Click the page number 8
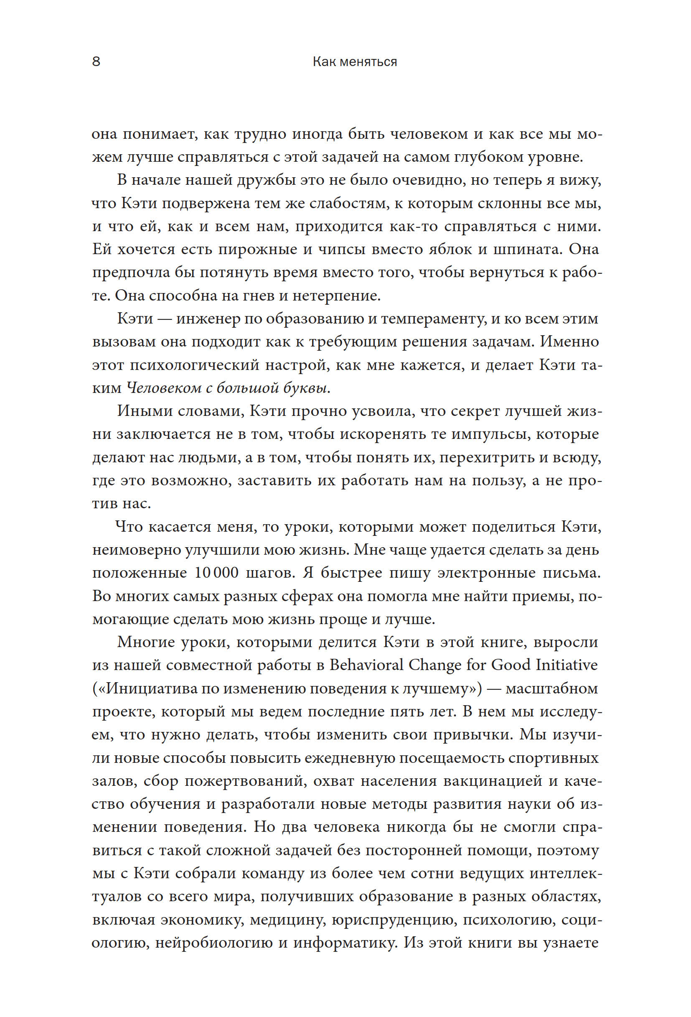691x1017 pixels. (96, 62)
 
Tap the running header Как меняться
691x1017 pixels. (355, 62)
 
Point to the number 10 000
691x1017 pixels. (216, 572)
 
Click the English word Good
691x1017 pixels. (511, 665)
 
